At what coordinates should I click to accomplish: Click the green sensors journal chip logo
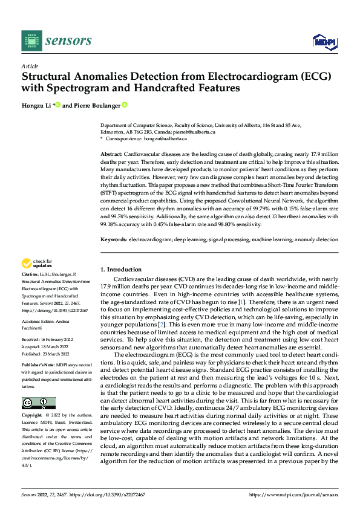[x=29, y=40]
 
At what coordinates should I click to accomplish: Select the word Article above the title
[x=30, y=66]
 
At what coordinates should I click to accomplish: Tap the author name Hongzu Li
[x=36, y=105]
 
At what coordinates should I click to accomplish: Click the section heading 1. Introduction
[x=120, y=268]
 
